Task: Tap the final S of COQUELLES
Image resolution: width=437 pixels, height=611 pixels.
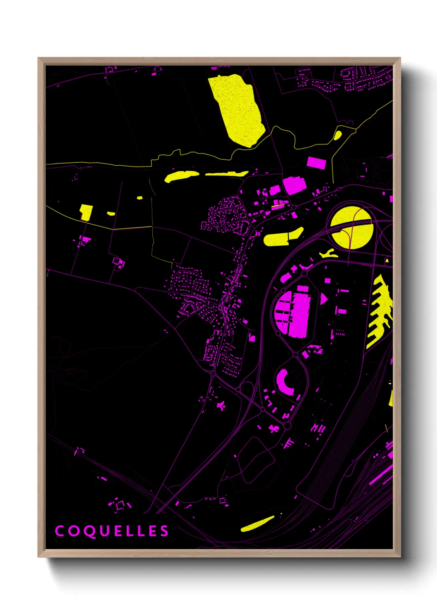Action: click(x=164, y=531)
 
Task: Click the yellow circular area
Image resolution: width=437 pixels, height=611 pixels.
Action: click(x=352, y=228)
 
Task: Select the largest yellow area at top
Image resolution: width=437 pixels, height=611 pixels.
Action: click(x=236, y=109)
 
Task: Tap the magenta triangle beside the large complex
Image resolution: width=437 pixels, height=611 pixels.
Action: click(x=323, y=298)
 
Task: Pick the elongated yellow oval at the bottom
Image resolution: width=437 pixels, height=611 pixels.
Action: click(x=257, y=524)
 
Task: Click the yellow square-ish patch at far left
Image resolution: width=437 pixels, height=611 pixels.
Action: click(x=86, y=212)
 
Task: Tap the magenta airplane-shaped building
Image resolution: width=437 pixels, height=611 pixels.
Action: click(x=221, y=406)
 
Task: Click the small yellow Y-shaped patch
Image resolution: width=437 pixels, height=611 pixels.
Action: click(x=328, y=253)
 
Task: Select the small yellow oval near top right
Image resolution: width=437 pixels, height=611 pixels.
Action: click(x=337, y=135)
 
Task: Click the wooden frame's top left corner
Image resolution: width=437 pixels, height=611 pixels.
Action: click(x=38, y=58)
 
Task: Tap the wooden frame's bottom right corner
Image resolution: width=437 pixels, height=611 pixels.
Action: click(x=400, y=557)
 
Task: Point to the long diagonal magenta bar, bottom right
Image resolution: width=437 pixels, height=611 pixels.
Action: click(x=380, y=475)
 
